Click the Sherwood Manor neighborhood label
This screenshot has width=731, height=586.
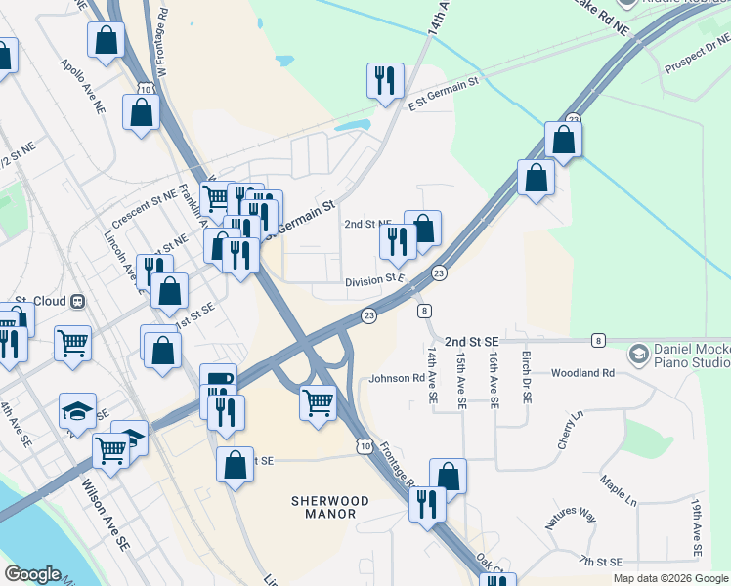tap(330, 507)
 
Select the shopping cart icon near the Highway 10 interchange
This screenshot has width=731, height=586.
tap(318, 401)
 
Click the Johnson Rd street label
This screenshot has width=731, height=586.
tap(397, 378)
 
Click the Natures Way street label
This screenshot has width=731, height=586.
tap(571, 517)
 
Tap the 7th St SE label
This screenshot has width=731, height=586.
tap(599, 561)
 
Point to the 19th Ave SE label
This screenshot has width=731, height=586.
tap(696, 527)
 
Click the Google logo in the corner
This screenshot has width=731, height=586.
tap(33, 574)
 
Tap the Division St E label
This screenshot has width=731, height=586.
tap(374, 279)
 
